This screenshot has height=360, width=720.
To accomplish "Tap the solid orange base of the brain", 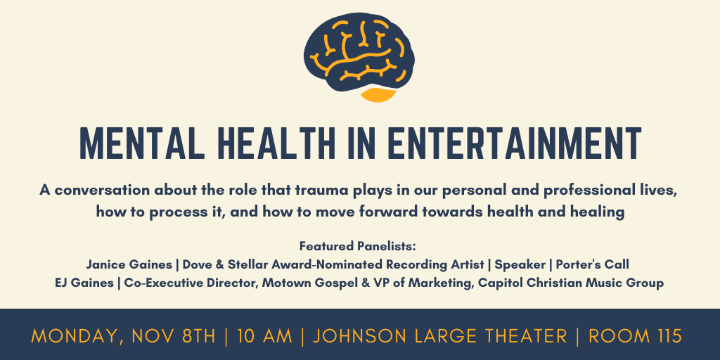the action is click(x=378, y=94).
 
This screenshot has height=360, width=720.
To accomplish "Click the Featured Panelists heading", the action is click(x=358, y=246).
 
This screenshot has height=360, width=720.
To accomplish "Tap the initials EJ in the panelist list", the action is click(x=62, y=283).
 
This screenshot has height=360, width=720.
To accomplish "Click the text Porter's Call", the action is click(x=592, y=265).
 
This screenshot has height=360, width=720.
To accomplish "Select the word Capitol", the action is click(x=497, y=283).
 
